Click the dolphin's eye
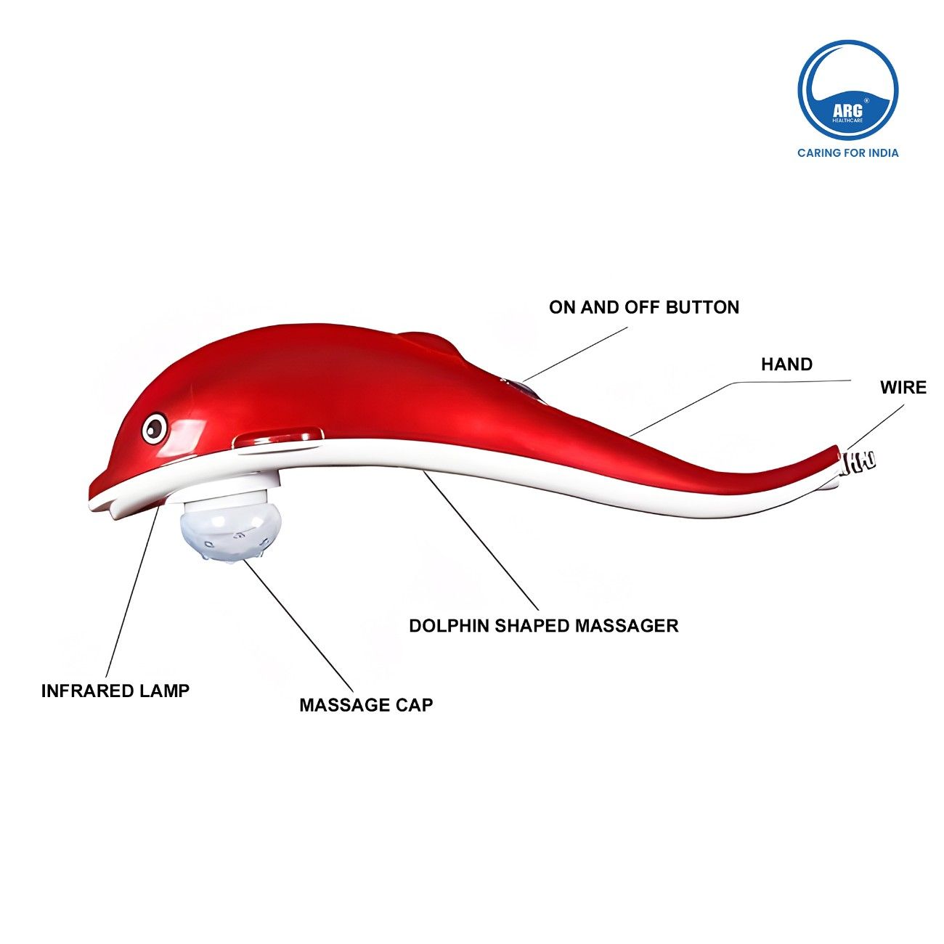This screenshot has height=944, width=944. click(154, 428)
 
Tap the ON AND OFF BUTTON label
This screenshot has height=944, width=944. click(643, 307)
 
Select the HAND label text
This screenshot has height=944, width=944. click(786, 364)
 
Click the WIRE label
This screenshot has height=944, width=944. click(903, 387)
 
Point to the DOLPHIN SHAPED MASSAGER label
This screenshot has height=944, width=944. click(543, 625)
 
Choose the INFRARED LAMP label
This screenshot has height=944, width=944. click(115, 691)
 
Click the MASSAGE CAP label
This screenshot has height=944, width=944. click(366, 704)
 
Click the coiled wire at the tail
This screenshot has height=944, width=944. click(860, 460)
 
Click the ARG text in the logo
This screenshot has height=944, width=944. click(847, 110)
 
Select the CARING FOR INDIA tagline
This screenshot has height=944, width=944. click(847, 152)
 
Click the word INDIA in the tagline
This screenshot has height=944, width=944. click(881, 152)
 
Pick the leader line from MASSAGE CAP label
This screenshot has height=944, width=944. click(298, 624)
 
